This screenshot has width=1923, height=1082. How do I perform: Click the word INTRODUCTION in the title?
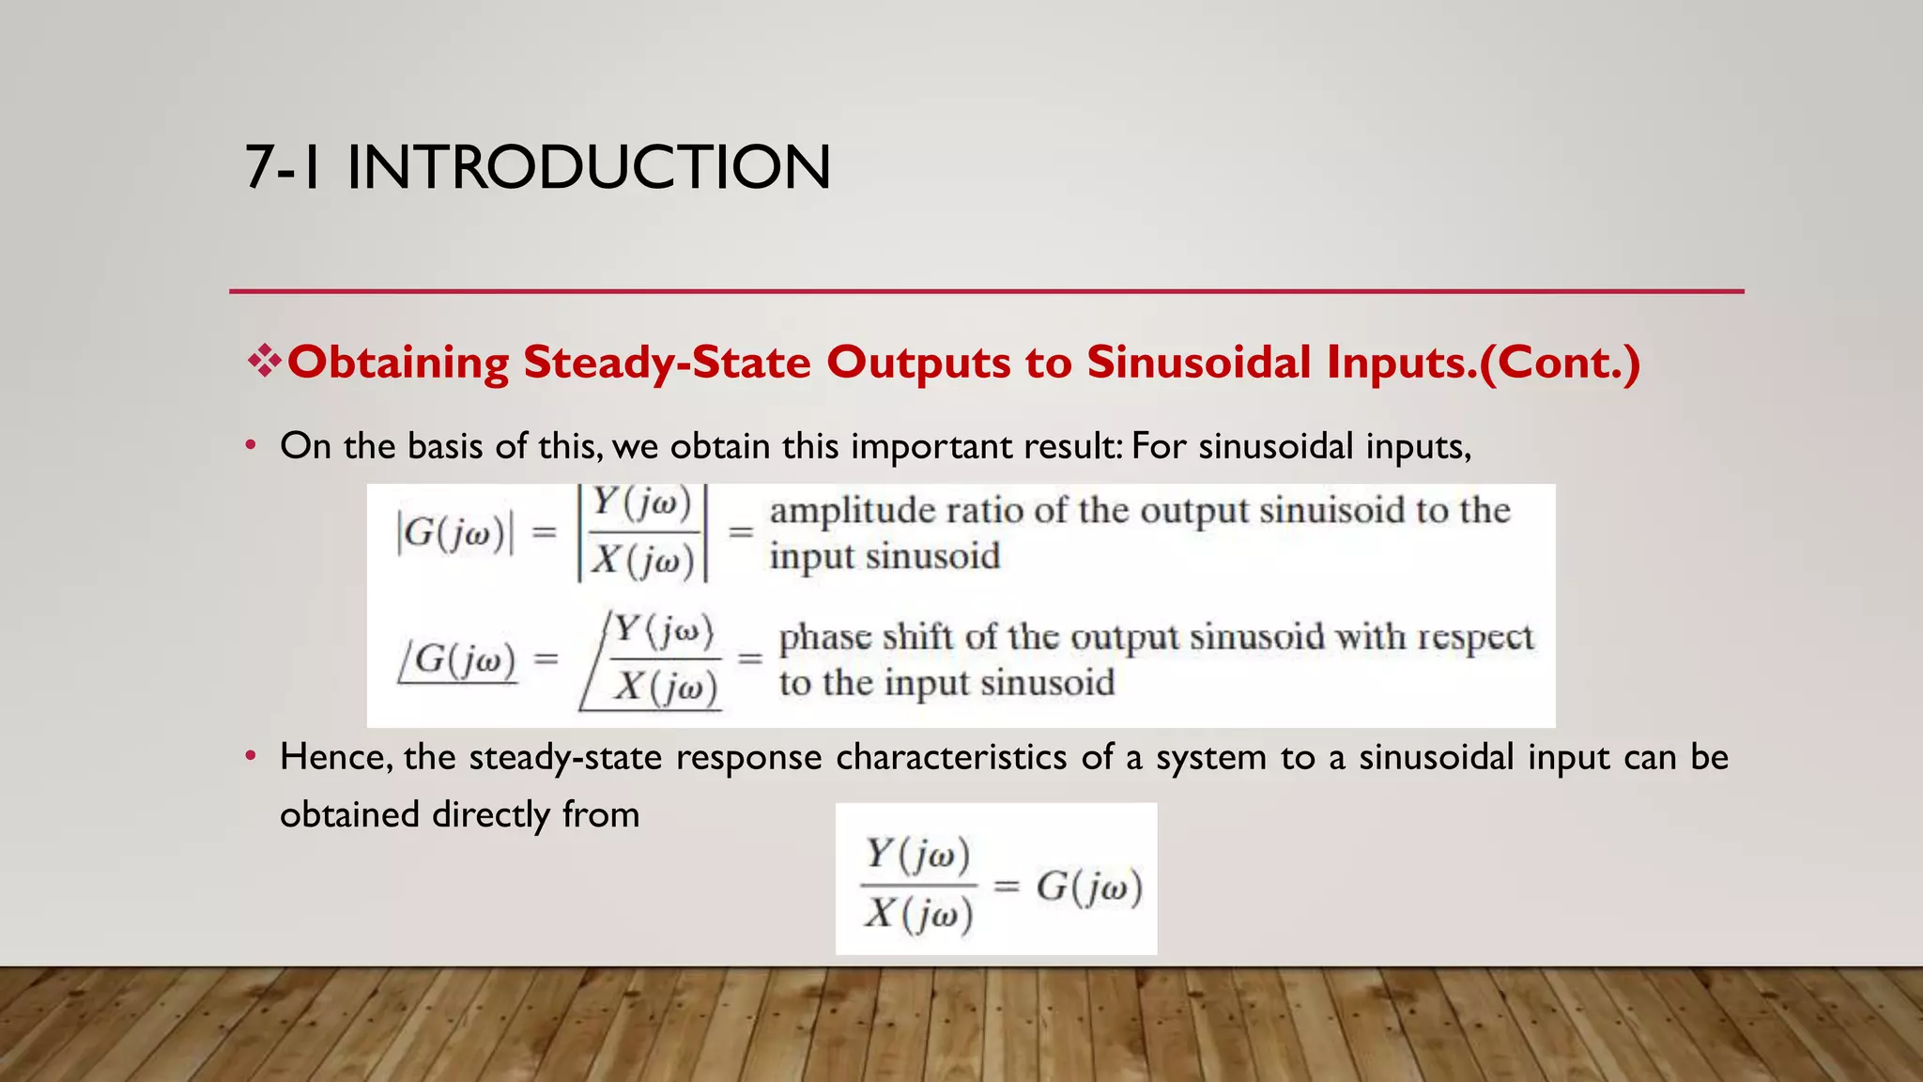click(588, 168)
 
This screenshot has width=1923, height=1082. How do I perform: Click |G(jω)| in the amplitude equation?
click(455, 533)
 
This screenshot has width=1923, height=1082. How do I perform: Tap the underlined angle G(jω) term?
click(458, 659)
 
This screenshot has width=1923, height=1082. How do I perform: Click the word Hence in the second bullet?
click(334, 757)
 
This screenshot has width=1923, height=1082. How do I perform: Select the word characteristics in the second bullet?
click(950, 757)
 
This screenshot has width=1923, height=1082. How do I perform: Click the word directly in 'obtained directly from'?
click(490, 814)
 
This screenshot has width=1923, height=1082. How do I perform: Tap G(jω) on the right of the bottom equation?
click(1089, 887)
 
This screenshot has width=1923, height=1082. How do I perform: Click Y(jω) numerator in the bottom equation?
click(917, 854)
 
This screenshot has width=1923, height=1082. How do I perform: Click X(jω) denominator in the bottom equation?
click(918, 914)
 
